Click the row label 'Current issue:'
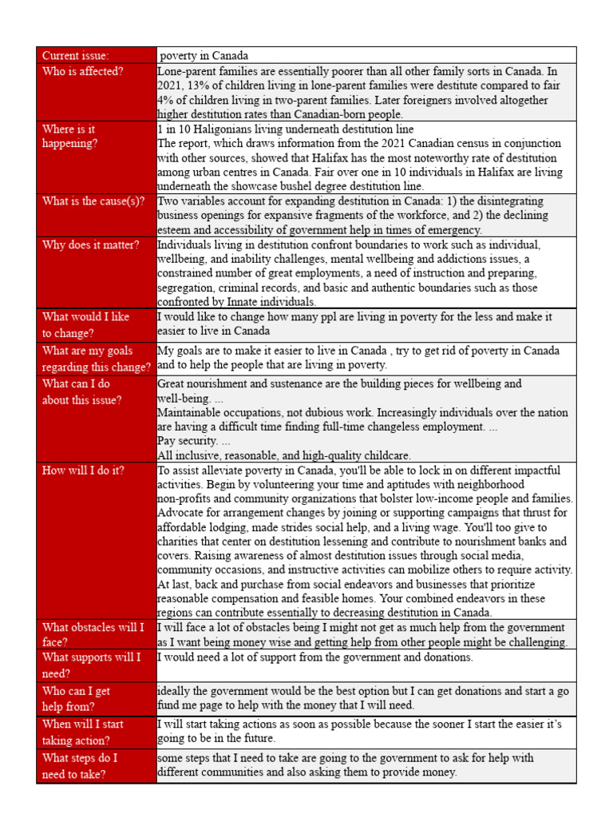click(75, 56)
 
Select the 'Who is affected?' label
click(82, 71)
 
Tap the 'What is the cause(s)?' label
click(93, 201)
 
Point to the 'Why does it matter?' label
click(90, 244)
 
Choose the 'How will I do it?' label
click(83, 471)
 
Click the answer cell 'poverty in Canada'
click(204, 56)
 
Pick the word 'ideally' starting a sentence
click(175, 691)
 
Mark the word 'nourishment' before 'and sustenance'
click(223, 383)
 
